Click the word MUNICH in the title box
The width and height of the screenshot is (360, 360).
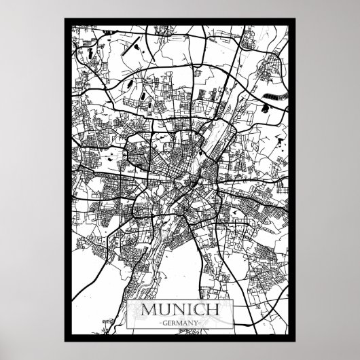(180, 309)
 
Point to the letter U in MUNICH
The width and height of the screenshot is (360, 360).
(164, 309)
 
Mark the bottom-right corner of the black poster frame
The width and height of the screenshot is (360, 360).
(296, 341)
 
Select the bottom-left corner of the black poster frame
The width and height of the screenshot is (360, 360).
(64, 341)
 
